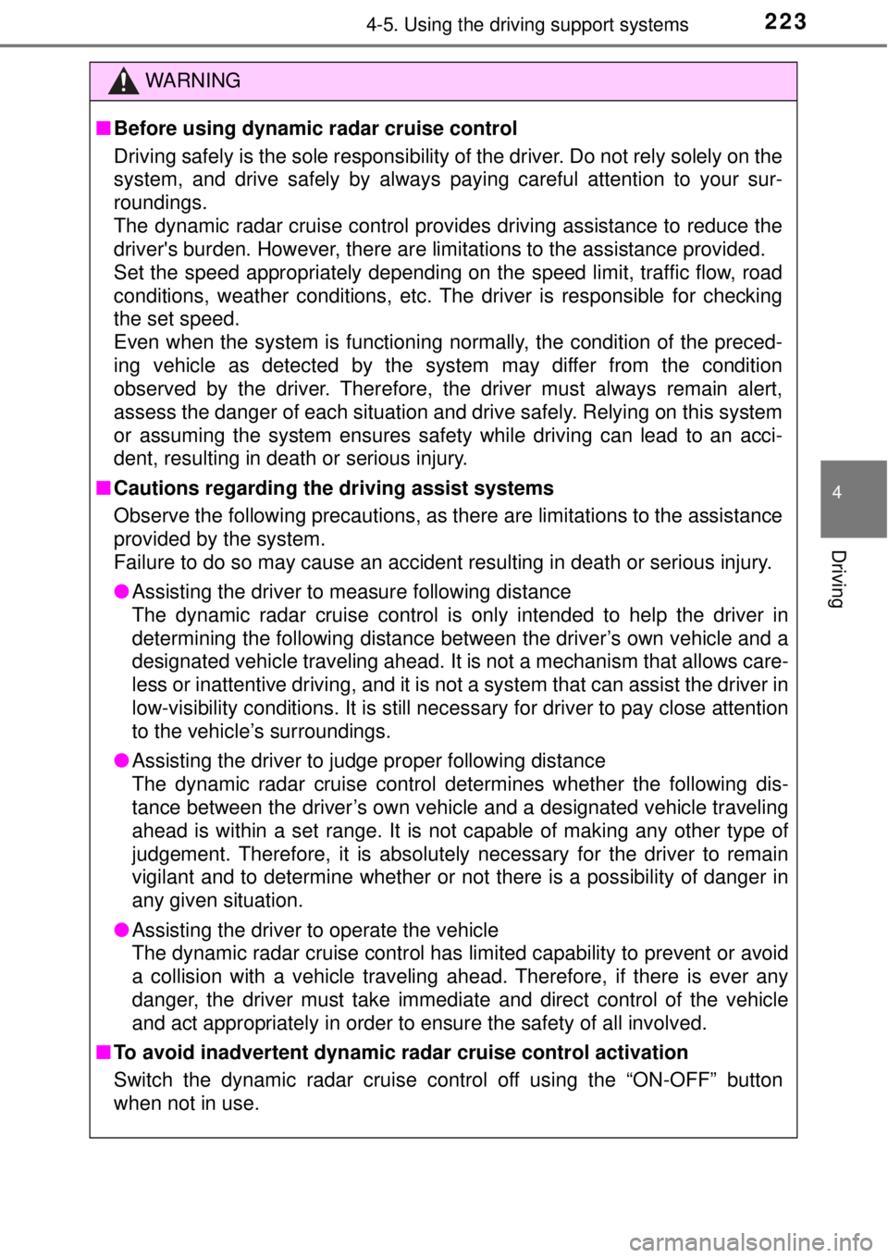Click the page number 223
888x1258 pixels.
pyautogui.click(x=785, y=22)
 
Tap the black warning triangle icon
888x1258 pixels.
pyautogui.click(x=124, y=81)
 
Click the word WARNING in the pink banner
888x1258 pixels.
pyautogui.click(x=192, y=80)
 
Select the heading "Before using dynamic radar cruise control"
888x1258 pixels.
pyautogui.click(x=315, y=129)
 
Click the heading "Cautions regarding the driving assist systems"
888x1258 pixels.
pyautogui.click(x=334, y=488)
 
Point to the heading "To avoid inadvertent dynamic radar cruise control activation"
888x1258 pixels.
pyautogui.click(x=401, y=1052)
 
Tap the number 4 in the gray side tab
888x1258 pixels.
pyautogui.click(x=837, y=492)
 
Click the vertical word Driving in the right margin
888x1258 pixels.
pyautogui.click(x=837, y=579)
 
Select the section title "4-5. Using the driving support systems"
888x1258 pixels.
pyautogui.click(x=527, y=25)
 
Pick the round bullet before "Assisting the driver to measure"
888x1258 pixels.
pyautogui.click(x=123, y=591)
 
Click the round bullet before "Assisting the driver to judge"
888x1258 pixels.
pyautogui.click(x=123, y=760)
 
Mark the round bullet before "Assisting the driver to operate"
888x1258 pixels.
pyautogui.click(x=123, y=930)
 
